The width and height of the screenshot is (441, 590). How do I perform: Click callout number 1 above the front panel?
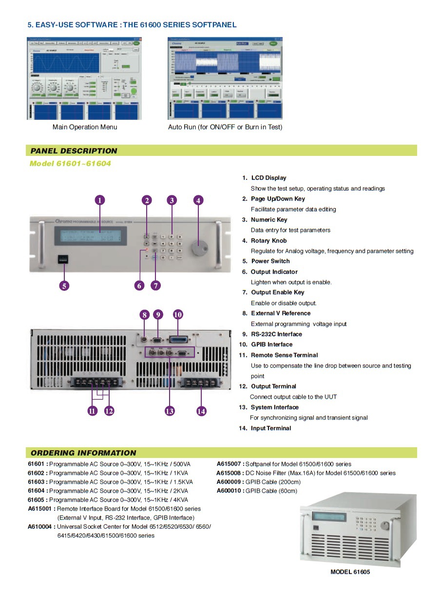tap(99, 200)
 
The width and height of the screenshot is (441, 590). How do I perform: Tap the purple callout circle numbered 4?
tap(198, 200)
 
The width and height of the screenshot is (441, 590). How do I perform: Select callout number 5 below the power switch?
tap(64, 285)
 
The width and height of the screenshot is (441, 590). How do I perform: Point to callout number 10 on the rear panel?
tap(178, 314)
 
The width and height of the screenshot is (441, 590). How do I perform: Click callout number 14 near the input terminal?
tap(201, 411)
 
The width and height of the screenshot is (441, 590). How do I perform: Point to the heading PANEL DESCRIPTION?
tap(74, 151)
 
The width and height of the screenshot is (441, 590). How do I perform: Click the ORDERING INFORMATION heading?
tap(83, 453)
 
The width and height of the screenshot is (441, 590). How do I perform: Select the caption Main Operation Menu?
tap(85, 127)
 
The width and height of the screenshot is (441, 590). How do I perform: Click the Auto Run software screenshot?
tap(225, 78)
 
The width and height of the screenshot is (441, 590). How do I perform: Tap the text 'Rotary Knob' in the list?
tap(268, 241)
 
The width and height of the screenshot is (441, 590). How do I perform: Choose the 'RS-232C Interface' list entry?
tap(276, 334)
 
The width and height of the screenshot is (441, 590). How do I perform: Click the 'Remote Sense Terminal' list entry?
tap(284, 355)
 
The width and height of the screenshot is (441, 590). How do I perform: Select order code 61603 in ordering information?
tap(37, 482)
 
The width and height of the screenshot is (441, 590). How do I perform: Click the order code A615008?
tap(230, 473)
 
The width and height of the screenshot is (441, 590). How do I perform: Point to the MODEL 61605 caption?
tap(350, 572)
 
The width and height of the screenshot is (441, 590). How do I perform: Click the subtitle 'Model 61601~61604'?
tap(70, 164)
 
